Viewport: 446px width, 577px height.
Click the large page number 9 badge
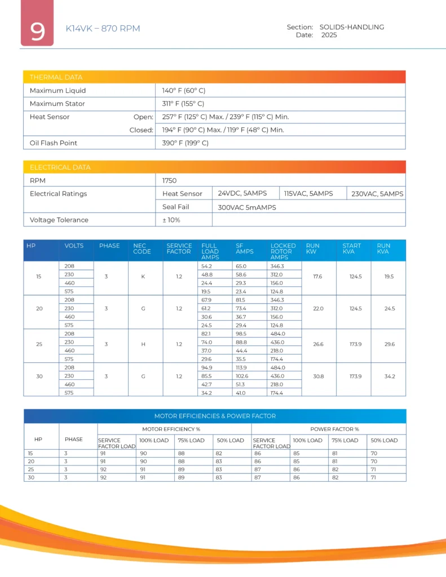tap(37, 30)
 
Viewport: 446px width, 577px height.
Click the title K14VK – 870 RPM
tap(103, 29)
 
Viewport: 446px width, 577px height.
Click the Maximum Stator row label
tap(58, 104)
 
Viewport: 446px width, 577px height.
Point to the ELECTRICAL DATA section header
tap(60, 167)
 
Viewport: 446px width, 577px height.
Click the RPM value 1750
tap(169, 181)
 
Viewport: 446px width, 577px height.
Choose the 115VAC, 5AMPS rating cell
tap(308, 194)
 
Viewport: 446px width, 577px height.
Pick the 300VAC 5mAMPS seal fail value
tap(247, 207)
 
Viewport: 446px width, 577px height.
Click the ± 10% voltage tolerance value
tap(171, 220)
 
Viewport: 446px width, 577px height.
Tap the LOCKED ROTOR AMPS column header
tap(282, 251)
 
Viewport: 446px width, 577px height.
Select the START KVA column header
tap(351, 248)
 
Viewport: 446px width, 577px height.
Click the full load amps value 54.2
tap(206, 266)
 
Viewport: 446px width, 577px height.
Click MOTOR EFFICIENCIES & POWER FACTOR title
tap(215, 416)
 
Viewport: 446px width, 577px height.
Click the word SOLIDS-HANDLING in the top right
tap(351, 27)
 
